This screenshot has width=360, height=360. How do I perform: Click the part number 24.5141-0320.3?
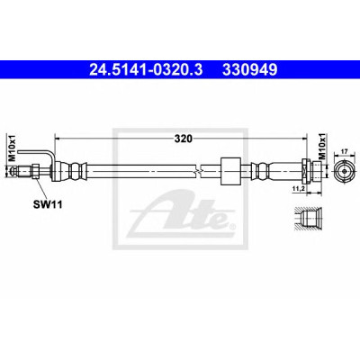pos(147,70)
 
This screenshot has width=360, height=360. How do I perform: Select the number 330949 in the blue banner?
pos(249,70)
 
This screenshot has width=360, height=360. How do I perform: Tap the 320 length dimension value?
pos(184,139)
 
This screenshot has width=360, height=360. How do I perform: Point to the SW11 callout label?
pos(48,205)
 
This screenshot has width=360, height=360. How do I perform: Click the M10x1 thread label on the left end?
pos(12,148)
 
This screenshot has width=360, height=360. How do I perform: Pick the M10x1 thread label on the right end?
pos(322,146)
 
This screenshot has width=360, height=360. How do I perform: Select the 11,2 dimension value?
pos(299,188)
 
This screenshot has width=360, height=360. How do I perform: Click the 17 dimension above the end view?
pos(344,152)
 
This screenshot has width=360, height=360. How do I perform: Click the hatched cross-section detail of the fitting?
pos(309,219)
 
